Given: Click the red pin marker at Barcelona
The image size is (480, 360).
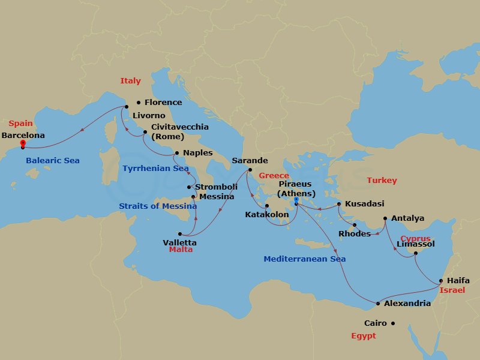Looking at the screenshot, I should coord(23,144).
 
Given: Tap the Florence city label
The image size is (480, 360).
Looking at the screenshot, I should coord(163,103).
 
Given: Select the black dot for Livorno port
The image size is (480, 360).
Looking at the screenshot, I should coord(127,107).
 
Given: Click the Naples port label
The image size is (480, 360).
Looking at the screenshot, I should coord(197,153).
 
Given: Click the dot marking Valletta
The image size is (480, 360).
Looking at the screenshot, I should coord(179,233).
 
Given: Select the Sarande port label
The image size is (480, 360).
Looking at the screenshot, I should coord(250,161).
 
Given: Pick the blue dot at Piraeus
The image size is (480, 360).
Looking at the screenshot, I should coord(296,200).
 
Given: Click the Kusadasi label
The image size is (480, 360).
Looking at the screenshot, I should coord(365,204).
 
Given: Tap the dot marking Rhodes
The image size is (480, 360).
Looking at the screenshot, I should coord(355,226).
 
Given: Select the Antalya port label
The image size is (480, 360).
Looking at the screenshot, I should coord(407,218).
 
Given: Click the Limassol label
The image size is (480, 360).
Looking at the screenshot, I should coord(416,244).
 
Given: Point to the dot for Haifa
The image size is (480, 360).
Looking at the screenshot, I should coord(441,281).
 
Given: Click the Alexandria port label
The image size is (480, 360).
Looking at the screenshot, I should coord(407,304).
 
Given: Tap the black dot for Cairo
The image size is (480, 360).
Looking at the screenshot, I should coord(393,323).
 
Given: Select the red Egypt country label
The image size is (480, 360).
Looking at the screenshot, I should coord(363,336).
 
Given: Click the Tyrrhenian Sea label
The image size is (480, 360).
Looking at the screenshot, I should coord(155,169).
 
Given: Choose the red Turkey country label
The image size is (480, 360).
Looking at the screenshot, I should coord(382,181).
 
